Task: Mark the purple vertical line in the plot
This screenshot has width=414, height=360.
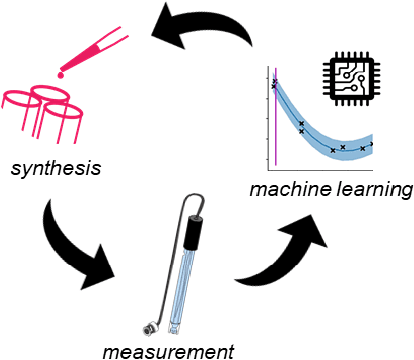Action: click(x=277, y=115)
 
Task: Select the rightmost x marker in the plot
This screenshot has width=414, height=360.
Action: click(x=372, y=143)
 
